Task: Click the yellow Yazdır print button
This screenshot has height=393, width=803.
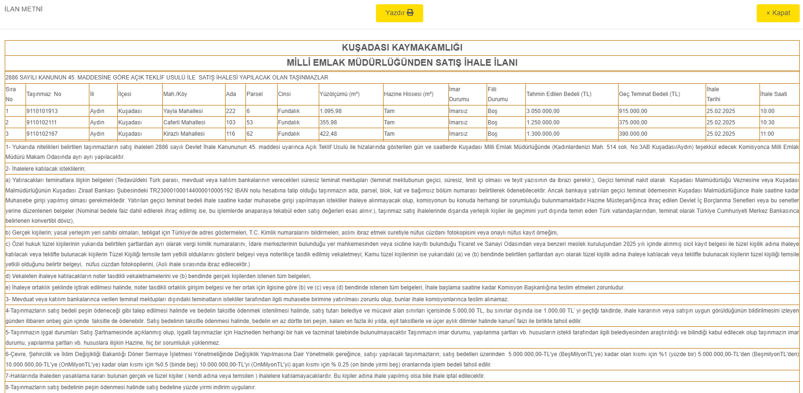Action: pyautogui.click(x=399, y=13)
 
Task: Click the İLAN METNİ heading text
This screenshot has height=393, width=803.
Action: pyautogui.click(x=24, y=9)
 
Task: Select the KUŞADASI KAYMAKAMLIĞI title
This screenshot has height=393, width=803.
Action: pyautogui.click(x=402, y=47)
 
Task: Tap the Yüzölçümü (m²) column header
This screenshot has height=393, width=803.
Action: pyautogui.click(x=340, y=94)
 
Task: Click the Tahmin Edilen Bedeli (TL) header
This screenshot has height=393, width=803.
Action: pyautogui.click(x=559, y=94)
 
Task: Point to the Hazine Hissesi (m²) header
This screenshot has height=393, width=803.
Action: pyautogui.click(x=409, y=94)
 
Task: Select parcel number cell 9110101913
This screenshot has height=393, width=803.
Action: pyautogui.click(x=42, y=111)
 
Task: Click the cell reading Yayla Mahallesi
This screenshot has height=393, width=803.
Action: pyautogui.click(x=183, y=111)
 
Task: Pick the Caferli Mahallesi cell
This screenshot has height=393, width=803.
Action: pyautogui.click(x=184, y=122)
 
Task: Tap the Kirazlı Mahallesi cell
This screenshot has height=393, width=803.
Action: pyautogui.click(x=184, y=134)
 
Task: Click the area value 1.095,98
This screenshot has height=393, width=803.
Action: pyautogui.click(x=331, y=111)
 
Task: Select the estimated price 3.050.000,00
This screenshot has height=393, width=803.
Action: pyautogui.click(x=543, y=111)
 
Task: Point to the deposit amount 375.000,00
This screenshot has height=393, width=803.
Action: pyautogui.click(x=633, y=122)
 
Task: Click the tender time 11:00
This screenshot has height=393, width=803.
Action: pyautogui.click(x=767, y=134)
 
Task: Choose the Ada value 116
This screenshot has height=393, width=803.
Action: pyautogui.click(x=231, y=134)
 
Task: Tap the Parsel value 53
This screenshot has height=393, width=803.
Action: pyautogui.click(x=250, y=122)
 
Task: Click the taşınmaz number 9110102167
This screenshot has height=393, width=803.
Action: pyautogui.click(x=42, y=134)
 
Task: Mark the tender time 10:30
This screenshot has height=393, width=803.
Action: pyautogui.click(x=767, y=122)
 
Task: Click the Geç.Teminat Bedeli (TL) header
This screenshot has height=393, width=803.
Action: pyautogui.click(x=649, y=94)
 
